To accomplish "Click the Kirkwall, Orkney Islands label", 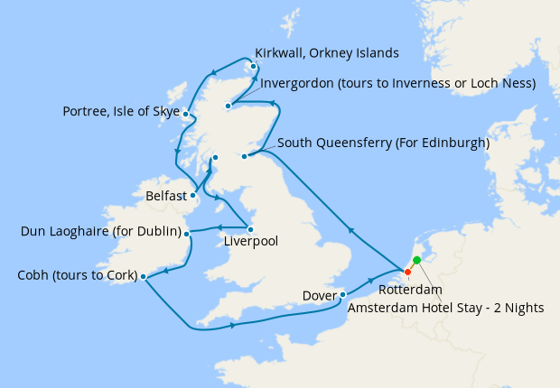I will coord(327,52).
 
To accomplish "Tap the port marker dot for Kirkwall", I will coord(254,67).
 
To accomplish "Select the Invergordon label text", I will coord(398,84).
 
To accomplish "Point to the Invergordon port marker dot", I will coord(229,106).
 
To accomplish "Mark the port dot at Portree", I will coord(185,115).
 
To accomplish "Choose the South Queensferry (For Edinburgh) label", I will coord(383,143).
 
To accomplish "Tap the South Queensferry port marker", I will coord(245,156).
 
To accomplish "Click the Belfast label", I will coord(166,195).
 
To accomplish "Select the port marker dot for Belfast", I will coord(193,194).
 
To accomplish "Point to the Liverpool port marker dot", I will coord(250,228).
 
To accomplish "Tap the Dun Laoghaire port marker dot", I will coord(187,234).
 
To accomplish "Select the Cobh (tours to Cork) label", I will coord(72,275).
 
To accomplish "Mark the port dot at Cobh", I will coord(144,277).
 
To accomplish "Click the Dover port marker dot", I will coord(343,294).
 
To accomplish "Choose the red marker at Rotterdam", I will coord(407,272).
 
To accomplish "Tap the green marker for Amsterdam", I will coord(416,261).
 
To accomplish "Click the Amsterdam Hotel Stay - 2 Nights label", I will coord(445,308).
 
